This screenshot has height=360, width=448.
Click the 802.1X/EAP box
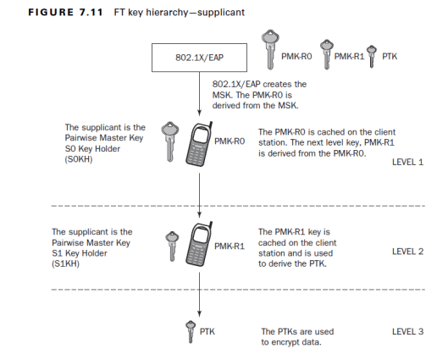click(x=199, y=58)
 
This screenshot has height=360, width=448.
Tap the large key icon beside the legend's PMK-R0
click(x=270, y=49)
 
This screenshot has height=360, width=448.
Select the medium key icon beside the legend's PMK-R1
click(x=327, y=54)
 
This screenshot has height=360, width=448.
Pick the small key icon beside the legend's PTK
click(x=372, y=56)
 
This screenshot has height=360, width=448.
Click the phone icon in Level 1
click(x=199, y=144)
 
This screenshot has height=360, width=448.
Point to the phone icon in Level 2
click(x=199, y=244)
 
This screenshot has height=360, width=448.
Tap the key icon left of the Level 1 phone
click(x=170, y=141)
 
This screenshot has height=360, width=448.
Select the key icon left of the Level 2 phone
click(x=172, y=246)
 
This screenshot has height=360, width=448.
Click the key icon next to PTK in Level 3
click(x=191, y=332)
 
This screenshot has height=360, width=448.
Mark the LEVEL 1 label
click(x=407, y=163)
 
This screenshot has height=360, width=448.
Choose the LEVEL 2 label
click(x=407, y=252)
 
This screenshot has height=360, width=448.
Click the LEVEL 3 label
click(x=407, y=332)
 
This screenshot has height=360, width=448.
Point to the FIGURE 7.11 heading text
click(x=65, y=13)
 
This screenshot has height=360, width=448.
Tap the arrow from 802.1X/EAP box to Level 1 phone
click(x=199, y=94)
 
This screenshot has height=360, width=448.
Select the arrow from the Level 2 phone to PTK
click(x=199, y=295)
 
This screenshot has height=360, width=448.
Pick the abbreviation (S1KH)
click(x=65, y=263)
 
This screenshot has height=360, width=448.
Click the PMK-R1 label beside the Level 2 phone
click(x=230, y=246)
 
